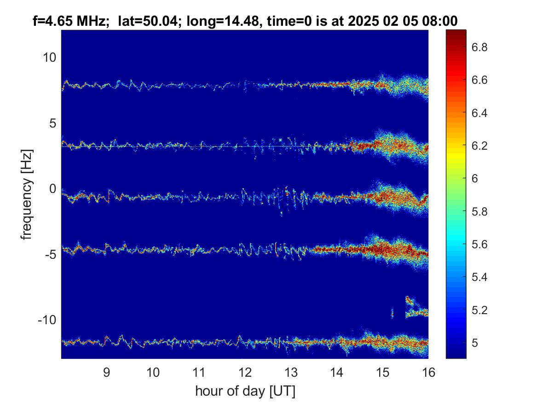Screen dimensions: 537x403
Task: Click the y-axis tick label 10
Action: pyautogui.click(x=49, y=57)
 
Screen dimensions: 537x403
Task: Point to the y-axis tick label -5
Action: pyautogui.click(x=50, y=254)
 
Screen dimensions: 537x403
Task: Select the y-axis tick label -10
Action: pyautogui.click(x=47, y=320)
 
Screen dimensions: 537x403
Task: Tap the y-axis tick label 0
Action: pyautogui.click(x=53, y=188)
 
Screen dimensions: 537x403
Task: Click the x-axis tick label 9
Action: pyautogui.click(x=106, y=372)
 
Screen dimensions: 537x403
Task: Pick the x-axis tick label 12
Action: pyautogui.click(x=245, y=372)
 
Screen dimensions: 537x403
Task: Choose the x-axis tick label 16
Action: pyautogui.click(x=428, y=372)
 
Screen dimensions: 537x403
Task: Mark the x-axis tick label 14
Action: pyautogui.click(x=337, y=372)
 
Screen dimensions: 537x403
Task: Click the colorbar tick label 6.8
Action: pyautogui.click(x=479, y=47)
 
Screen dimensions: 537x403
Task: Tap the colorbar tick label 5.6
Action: pyautogui.click(x=479, y=245)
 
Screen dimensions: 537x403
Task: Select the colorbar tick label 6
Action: pyautogui.click(x=475, y=179)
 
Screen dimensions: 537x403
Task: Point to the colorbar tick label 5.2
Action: pyautogui.click(x=479, y=310)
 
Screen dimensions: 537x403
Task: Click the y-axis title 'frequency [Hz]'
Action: pyautogui.click(x=27, y=195)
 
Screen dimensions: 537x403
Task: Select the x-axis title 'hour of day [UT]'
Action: pyautogui.click(x=245, y=391)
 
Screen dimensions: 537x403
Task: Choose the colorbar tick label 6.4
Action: pyautogui.click(x=479, y=113)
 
